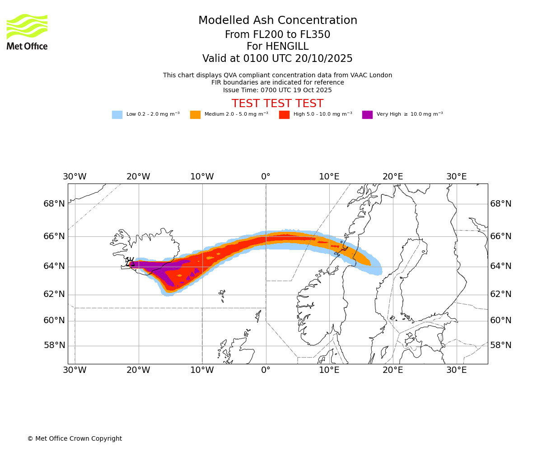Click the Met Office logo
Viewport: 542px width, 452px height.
pos(27,32)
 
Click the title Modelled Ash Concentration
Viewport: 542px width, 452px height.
pos(277,21)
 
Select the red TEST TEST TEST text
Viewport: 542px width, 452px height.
pos(277,104)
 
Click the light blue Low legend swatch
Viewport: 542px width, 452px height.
pos(117,115)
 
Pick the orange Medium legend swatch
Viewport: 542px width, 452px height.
pos(195,115)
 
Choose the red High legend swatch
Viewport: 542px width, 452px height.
pos(284,115)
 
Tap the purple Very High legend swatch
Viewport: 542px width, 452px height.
pos(367,115)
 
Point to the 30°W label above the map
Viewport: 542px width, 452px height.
pos(75,177)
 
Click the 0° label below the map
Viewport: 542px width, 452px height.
pos(266,371)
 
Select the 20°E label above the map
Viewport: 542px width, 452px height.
pos(392,177)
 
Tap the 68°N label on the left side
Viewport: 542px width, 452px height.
pos(54,204)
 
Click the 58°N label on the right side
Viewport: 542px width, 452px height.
pos(501,345)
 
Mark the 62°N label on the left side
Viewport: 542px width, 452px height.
pos(54,294)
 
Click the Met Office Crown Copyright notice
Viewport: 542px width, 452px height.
pos(75,438)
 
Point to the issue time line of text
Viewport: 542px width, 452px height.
pos(277,90)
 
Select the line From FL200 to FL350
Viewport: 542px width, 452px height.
pos(277,35)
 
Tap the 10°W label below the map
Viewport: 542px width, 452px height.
pos(202,371)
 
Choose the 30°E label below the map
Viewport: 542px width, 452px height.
pos(456,371)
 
